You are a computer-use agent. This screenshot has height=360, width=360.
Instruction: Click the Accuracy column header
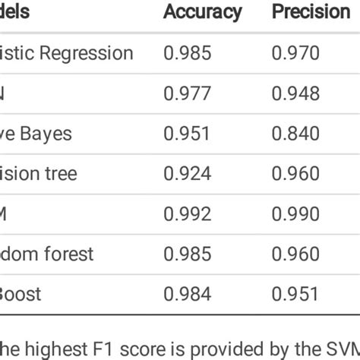203,12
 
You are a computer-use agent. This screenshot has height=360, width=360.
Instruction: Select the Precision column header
311,12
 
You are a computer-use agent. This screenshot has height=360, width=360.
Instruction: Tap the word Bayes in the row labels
48,134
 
